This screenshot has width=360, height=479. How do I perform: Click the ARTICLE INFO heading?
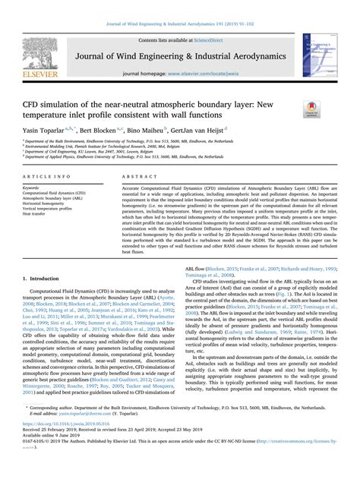coord(46,174)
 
